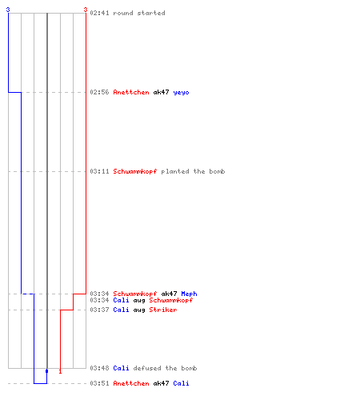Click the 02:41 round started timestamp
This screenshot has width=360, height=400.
click(x=99, y=13)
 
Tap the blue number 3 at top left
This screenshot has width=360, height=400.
click(x=8, y=10)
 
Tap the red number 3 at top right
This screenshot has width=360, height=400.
click(x=86, y=10)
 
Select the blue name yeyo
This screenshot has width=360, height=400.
click(x=181, y=92)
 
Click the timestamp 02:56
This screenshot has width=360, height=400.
click(x=99, y=92)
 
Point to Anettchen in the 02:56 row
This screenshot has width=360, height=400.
click(x=131, y=92)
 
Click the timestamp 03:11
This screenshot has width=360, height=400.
click(x=99, y=171)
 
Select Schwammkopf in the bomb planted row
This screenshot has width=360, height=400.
click(x=135, y=171)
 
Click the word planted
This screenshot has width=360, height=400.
click(x=175, y=171)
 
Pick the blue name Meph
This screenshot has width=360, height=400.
click(x=189, y=294)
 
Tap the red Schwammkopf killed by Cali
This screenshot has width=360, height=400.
click(x=171, y=300)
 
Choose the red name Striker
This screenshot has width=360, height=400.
click(x=163, y=310)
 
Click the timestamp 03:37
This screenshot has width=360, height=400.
click(x=99, y=310)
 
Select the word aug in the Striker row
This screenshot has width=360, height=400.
click(x=139, y=310)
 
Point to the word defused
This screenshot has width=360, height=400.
click(x=147, y=368)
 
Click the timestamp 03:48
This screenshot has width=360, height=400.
click(x=99, y=368)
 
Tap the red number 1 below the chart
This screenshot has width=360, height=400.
click(x=60, y=371)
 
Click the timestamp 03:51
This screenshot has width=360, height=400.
click(x=99, y=383)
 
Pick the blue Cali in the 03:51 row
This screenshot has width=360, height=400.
click(x=181, y=383)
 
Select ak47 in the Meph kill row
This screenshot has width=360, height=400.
click(x=169, y=294)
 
